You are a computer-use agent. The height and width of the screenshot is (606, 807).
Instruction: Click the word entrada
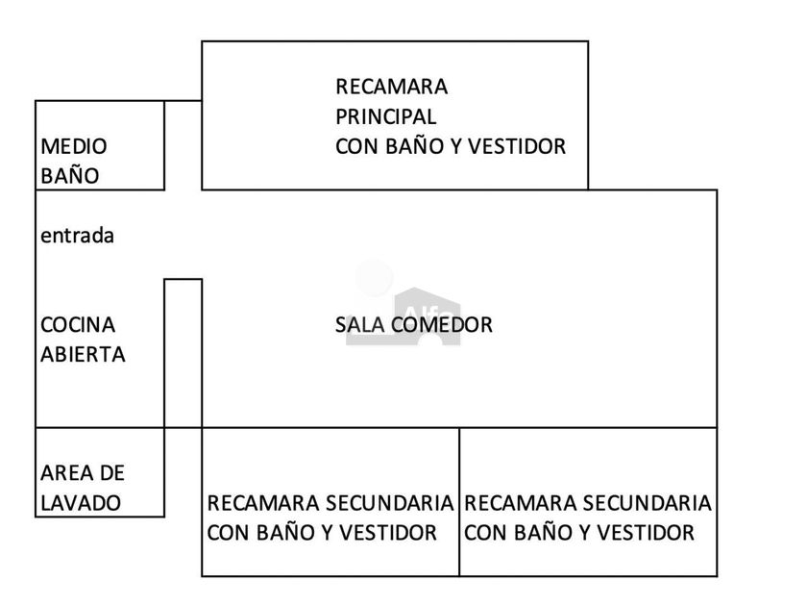click(x=77, y=236)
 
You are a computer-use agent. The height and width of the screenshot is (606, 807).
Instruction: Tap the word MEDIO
click(x=74, y=146)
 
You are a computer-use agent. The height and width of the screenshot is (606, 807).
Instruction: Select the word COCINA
click(x=78, y=325)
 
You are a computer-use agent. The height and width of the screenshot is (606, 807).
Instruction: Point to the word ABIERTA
click(x=83, y=355)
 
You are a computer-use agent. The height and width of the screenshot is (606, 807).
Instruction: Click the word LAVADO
click(x=81, y=503)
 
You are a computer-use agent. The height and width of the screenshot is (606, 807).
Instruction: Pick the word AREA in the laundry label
click(x=61, y=473)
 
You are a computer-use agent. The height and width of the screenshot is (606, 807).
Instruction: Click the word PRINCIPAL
click(x=386, y=116)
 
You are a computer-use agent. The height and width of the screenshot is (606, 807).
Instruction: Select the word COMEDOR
click(x=442, y=325)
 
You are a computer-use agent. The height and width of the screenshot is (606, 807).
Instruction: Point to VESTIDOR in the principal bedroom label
click(x=517, y=146)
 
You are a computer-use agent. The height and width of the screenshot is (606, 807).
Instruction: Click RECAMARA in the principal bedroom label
click(x=392, y=87)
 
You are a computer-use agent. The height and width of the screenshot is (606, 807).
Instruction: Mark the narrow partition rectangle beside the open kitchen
click(x=183, y=353)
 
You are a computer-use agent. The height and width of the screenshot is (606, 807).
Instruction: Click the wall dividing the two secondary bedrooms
click(x=459, y=502)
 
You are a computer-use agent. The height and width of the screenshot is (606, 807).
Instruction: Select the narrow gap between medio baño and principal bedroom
click(x=183, y=145)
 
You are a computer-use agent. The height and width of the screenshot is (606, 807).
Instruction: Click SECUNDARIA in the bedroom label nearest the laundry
click(x=390, y=503)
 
